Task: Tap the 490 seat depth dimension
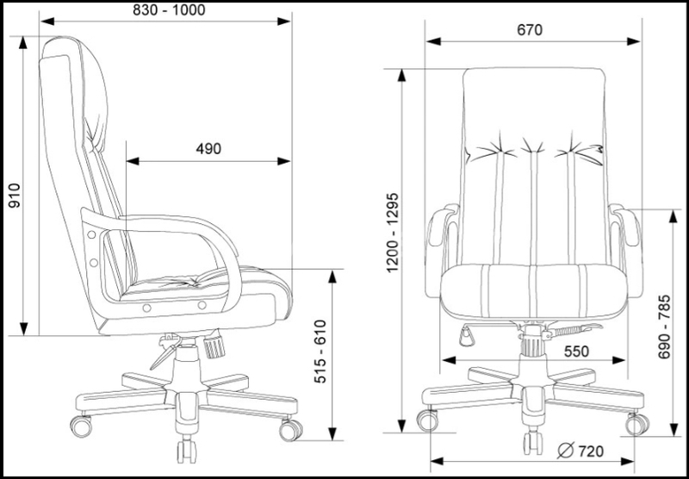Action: pos(208,149)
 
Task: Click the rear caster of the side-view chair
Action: pos(83,425)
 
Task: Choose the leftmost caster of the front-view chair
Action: pos(426,420)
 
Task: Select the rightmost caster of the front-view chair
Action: pos(637,423)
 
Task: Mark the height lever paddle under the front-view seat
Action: pos(466,334)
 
